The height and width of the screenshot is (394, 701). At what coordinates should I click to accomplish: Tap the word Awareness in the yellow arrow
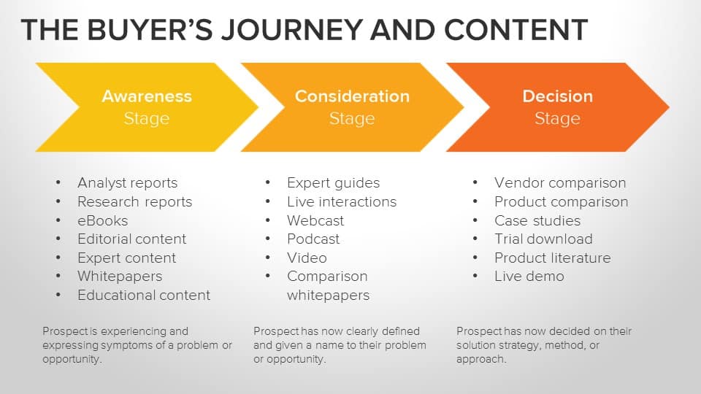(x=147, y=96)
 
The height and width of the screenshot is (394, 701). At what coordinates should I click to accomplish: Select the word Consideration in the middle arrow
(x=352, y=96)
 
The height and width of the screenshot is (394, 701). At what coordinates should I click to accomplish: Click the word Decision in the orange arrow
(x=557, y=96)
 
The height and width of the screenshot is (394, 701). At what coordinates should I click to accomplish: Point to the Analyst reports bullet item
(x=127, y=183)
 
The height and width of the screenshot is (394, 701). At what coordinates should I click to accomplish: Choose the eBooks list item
(x=102, y=220)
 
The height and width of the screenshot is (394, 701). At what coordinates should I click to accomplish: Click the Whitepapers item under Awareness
(x=120, y=277)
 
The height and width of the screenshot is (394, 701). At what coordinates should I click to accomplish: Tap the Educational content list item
(x=144, y=295)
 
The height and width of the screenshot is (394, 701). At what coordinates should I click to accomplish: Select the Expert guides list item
(x=333, y=183)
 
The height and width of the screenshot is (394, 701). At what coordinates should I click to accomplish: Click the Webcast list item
(x=315, y=220)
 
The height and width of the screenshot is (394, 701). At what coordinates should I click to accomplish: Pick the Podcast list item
(x=313, y=239)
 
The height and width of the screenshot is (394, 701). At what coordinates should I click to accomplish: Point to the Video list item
(x=307, y=258)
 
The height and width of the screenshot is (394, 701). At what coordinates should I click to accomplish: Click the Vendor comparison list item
(x=560, y=183)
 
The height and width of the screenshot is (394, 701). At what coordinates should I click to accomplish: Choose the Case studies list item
(x=537, y=220)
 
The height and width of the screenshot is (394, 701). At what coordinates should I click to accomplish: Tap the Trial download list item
(x=543, y=239)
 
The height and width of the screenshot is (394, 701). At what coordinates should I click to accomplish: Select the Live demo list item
(x=529, y=277)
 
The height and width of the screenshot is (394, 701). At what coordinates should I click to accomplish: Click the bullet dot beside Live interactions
(x=269, y=201)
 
